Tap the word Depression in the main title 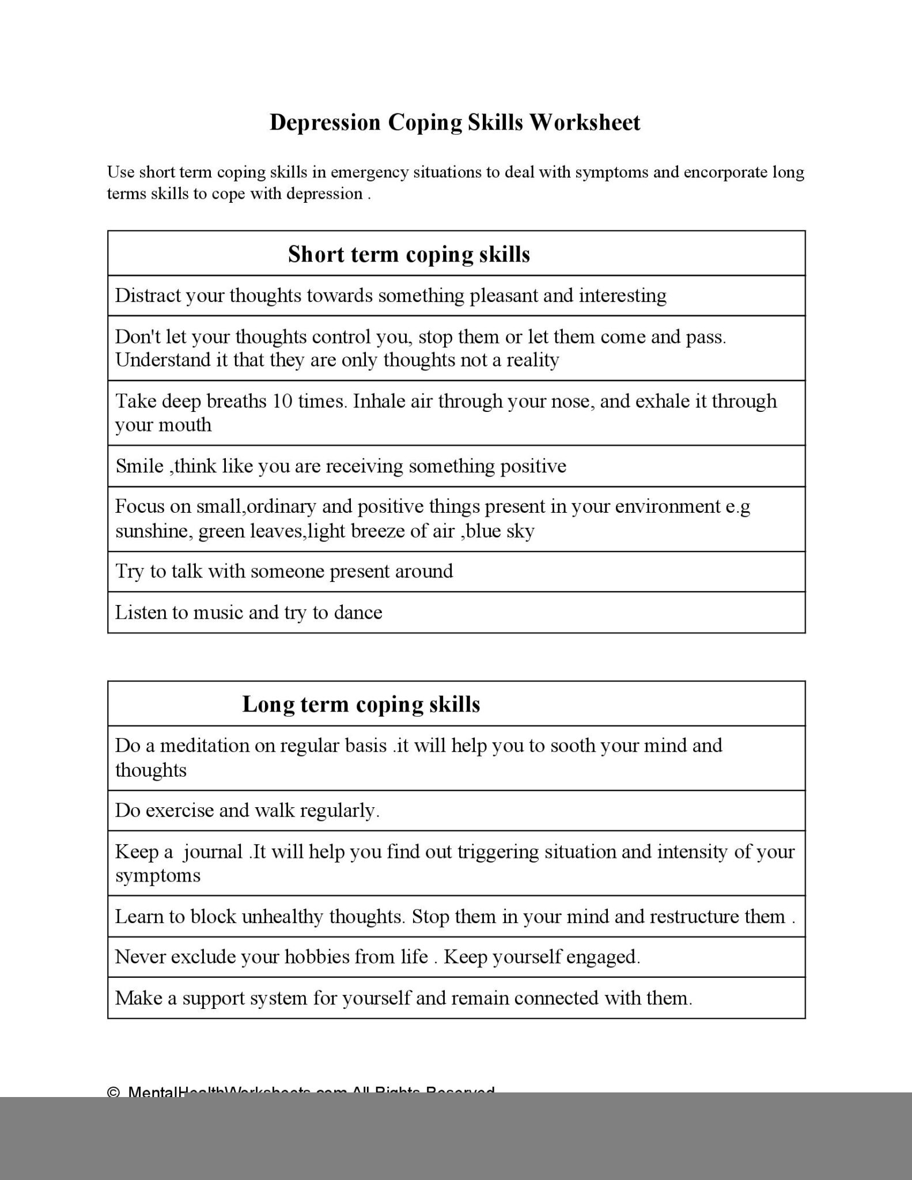[x=325, y=123]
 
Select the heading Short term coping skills [x=408, y=254]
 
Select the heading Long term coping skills [x=361, y=704]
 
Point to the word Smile [x=139, y=466]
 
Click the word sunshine [x=152, y=531]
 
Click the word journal [x=213, y=852]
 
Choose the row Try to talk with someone [x=284, y=572]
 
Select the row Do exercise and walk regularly [x=247, y=811]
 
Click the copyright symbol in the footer [x=113, y=1091]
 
